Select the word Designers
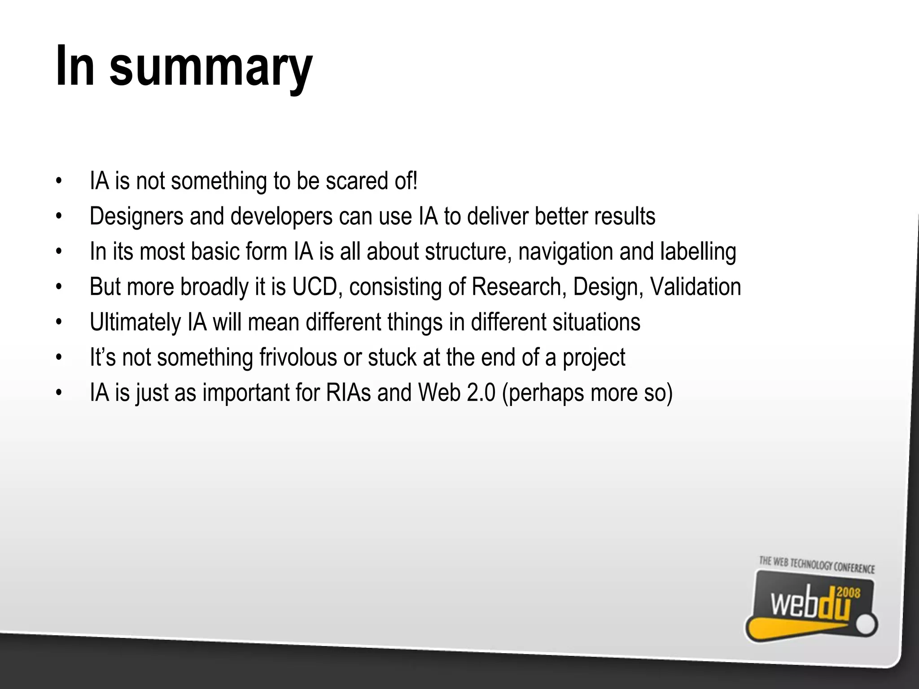[136, 217]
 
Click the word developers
[281, 217]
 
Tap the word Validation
[695, 287]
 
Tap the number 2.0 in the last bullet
[481, 393]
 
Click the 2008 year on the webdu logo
[848, 593]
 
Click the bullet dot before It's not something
[58, 358]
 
